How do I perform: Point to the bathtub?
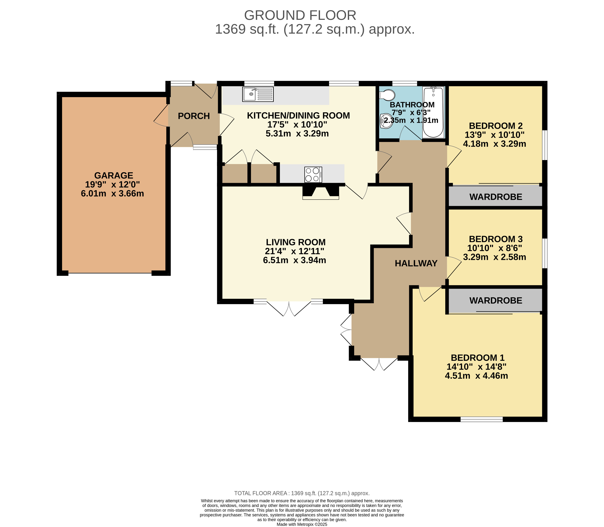433,112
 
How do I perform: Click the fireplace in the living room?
321,192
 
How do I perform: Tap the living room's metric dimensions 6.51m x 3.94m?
295,260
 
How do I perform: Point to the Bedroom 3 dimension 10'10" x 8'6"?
495,248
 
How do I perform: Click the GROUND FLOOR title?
300,15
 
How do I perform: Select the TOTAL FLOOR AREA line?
302,493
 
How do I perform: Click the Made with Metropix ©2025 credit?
302,524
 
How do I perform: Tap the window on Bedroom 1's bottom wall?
481,419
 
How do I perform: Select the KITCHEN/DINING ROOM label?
298,116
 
